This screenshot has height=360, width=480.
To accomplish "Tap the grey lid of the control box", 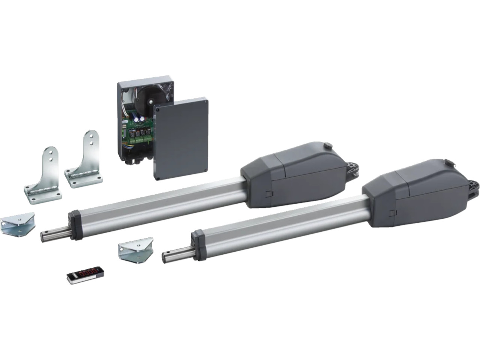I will click(x=181, y=137).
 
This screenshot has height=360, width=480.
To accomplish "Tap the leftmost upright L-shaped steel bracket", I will click(x=43, y=176).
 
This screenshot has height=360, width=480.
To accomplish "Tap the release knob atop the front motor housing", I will click(x=448, y=163).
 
